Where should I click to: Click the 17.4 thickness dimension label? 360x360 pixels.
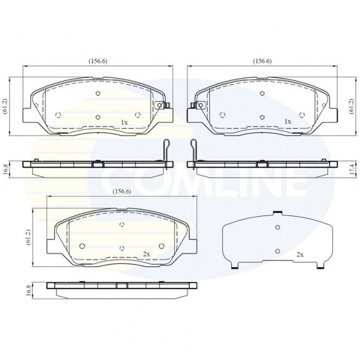pyautogui.click(x=352, y=169)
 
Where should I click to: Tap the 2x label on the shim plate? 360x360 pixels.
pyautogui.click(x=300, y=254)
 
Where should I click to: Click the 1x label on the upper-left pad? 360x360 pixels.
pyautogui.click(x=124, y=122)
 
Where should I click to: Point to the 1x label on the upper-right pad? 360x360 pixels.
pyautogui.click(x=288, y=121)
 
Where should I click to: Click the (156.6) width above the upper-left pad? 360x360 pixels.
pyautogui.click(x=97, y=61)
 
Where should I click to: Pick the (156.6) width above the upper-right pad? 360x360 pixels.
pyautogui.click(x=262, y=61)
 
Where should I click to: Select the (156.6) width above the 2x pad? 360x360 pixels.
pyautogui.click(x=121, y=191)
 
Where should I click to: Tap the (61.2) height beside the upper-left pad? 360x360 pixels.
pyautogui.click(x=5, y=106)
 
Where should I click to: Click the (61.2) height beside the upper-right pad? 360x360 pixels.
pyautogui.click(x=352, y=106)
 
